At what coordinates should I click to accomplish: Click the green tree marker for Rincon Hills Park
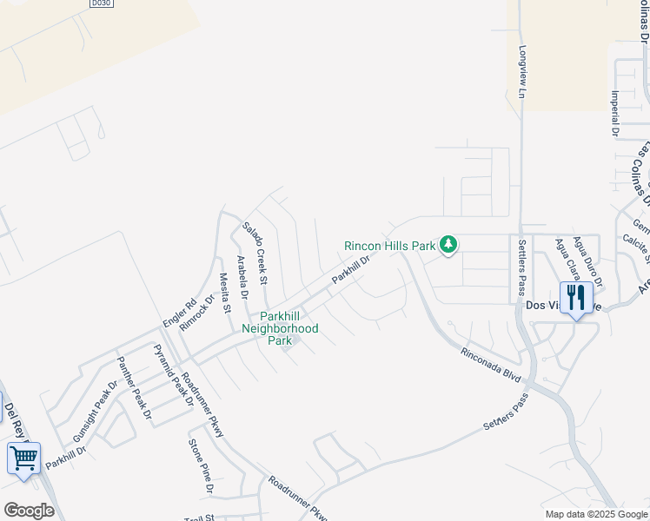448,245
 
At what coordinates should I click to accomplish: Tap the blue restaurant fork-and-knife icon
576,299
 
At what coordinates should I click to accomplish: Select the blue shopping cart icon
23,457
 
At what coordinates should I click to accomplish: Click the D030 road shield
103,4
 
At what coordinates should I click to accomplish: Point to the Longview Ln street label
522,70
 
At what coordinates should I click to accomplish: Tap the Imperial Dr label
614,115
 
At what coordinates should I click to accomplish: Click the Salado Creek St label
255,253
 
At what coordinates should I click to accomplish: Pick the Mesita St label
224,292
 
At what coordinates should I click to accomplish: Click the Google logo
29,511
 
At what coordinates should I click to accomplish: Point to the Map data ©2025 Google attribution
595,514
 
